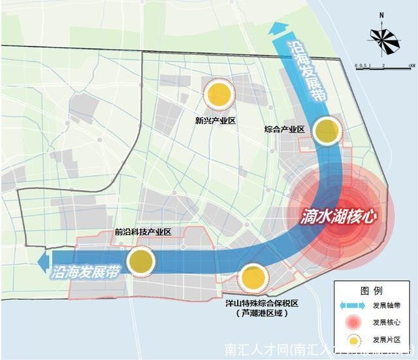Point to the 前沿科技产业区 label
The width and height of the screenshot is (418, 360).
pyautogui.click(x=142, y=232)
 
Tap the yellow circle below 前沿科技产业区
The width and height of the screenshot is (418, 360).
pyautogui.click(x=140, y=262)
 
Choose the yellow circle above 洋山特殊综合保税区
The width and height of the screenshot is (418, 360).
pyautogui.click(x=251, y=278)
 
